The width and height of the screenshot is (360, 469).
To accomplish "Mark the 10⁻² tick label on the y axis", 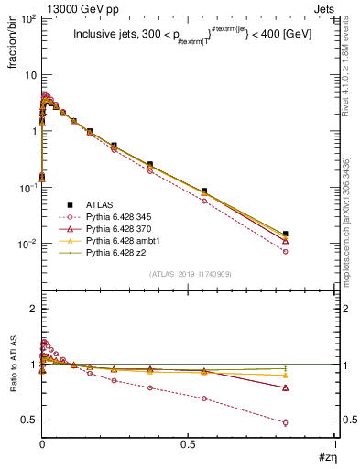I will click(25, 244).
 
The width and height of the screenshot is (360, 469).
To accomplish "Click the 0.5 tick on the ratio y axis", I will click(27, 420).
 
